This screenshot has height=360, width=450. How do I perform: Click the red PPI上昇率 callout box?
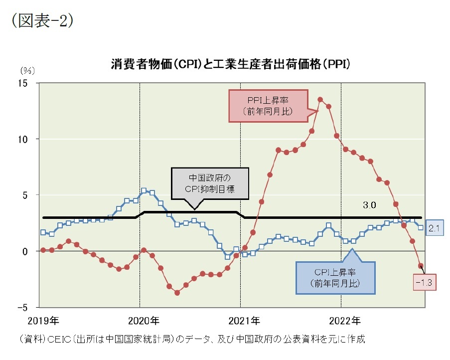(x=268, y=105)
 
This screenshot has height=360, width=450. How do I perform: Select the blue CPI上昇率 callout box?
(x=335, y=278)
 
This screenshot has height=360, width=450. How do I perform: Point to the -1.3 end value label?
(x=425, y=283)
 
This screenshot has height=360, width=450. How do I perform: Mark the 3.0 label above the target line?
(x=369, y=205)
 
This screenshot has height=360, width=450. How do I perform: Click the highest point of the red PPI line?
(x=320, y=99)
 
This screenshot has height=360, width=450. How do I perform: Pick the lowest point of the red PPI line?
(x=177, y=293)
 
